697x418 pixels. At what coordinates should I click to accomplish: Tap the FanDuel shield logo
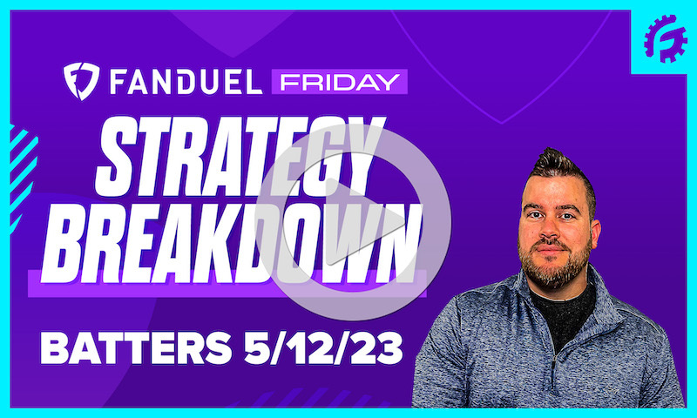coord(80,81)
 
